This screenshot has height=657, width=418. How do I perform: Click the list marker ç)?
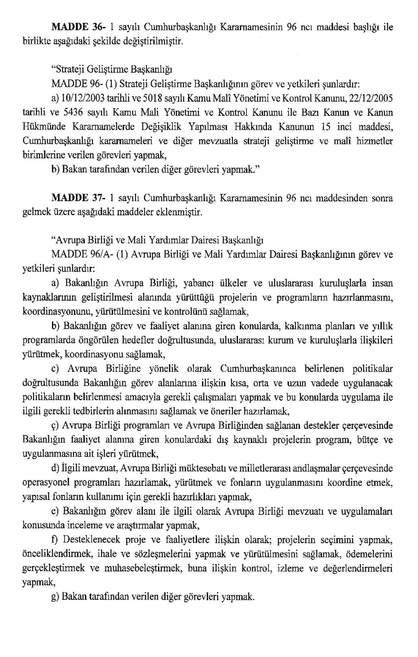click(56, 426)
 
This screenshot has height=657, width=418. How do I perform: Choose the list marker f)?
click(55, 540)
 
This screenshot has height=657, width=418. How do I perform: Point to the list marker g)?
click(55, 597)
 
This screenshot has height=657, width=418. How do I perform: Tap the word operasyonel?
click(45, 483)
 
